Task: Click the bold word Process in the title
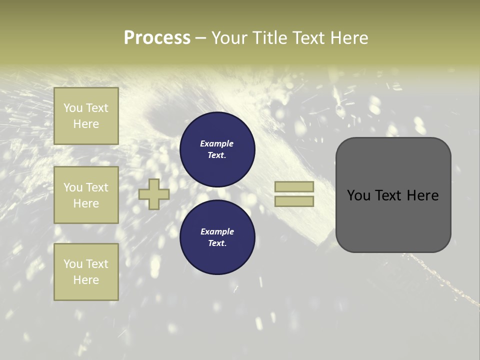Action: click(x=157, y=38)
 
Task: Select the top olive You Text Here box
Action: click(x=86, y=116)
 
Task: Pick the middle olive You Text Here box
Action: click(x=86, y=195)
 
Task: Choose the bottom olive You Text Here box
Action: click(x=86, y=272)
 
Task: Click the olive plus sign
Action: click(x=154, y=194)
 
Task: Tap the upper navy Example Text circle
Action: click(x=217, y=149)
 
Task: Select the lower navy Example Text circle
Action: click(x=217, y=237)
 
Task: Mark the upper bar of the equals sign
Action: click(x=294, y=187)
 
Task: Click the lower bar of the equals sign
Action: click(x=294, y=201)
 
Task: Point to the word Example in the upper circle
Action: click(x=217, y=143)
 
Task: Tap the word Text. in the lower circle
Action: click(x=217, y=243)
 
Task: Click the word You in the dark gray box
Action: click(x=359, y=195)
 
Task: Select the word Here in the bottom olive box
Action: click(x=86, y=280)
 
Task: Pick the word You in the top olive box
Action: click(x=73, y=108)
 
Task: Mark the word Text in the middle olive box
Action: click(x=97, y=187)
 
